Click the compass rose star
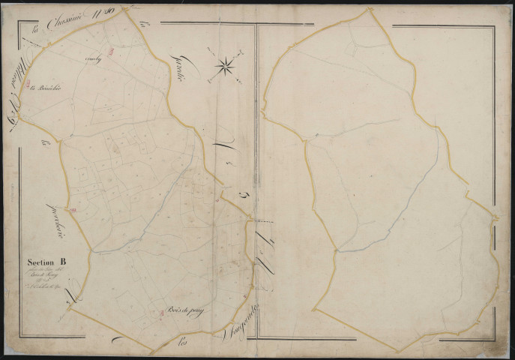pos(225,67)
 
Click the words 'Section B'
pos(46,262)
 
